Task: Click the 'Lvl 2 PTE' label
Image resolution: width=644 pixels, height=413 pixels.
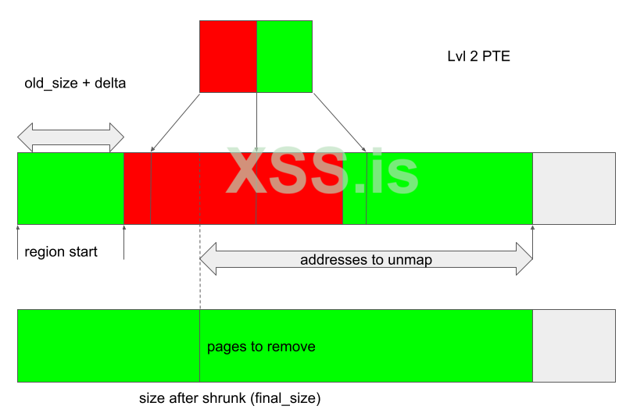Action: (478, 56)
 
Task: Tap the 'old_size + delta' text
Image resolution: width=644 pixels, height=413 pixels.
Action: (75, 84)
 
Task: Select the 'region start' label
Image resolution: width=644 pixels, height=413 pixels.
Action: (61, 251)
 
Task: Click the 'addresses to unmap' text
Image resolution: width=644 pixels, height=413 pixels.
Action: (366, 260)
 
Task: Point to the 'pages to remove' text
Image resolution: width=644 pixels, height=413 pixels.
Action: (261, 347)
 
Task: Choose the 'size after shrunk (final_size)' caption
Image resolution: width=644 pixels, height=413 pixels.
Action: (230, 398)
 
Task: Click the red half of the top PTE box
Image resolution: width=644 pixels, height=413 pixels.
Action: (228, 56)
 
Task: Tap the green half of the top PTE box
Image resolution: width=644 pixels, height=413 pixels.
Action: (284, 56)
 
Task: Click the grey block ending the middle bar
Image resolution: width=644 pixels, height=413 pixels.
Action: (574, 189)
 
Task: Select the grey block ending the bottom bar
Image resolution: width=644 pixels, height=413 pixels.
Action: (574, 346)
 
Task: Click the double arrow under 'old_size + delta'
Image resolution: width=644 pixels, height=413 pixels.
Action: (70, 137)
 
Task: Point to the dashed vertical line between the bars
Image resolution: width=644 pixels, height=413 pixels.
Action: (200, 267)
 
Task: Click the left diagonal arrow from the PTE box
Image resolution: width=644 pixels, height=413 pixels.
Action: (175, 123)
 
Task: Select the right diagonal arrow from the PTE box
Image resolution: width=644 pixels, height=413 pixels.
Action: (340, 123)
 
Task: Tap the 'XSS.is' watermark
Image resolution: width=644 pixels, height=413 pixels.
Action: (323, 171)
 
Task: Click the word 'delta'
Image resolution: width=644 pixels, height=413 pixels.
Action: (110, 84)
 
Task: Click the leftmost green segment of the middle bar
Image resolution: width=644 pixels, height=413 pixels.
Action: (70, 189)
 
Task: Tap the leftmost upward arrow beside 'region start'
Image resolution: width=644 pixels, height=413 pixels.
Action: (18, 242)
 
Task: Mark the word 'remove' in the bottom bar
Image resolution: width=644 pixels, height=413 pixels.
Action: (293, 347)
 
